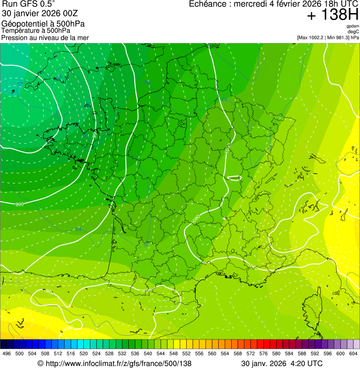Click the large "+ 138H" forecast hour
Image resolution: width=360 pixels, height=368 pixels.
tap(333, 15)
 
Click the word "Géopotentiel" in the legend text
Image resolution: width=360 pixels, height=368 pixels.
tap(23, 24)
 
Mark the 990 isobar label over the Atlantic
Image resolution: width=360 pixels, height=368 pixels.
tap(20, 205)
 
